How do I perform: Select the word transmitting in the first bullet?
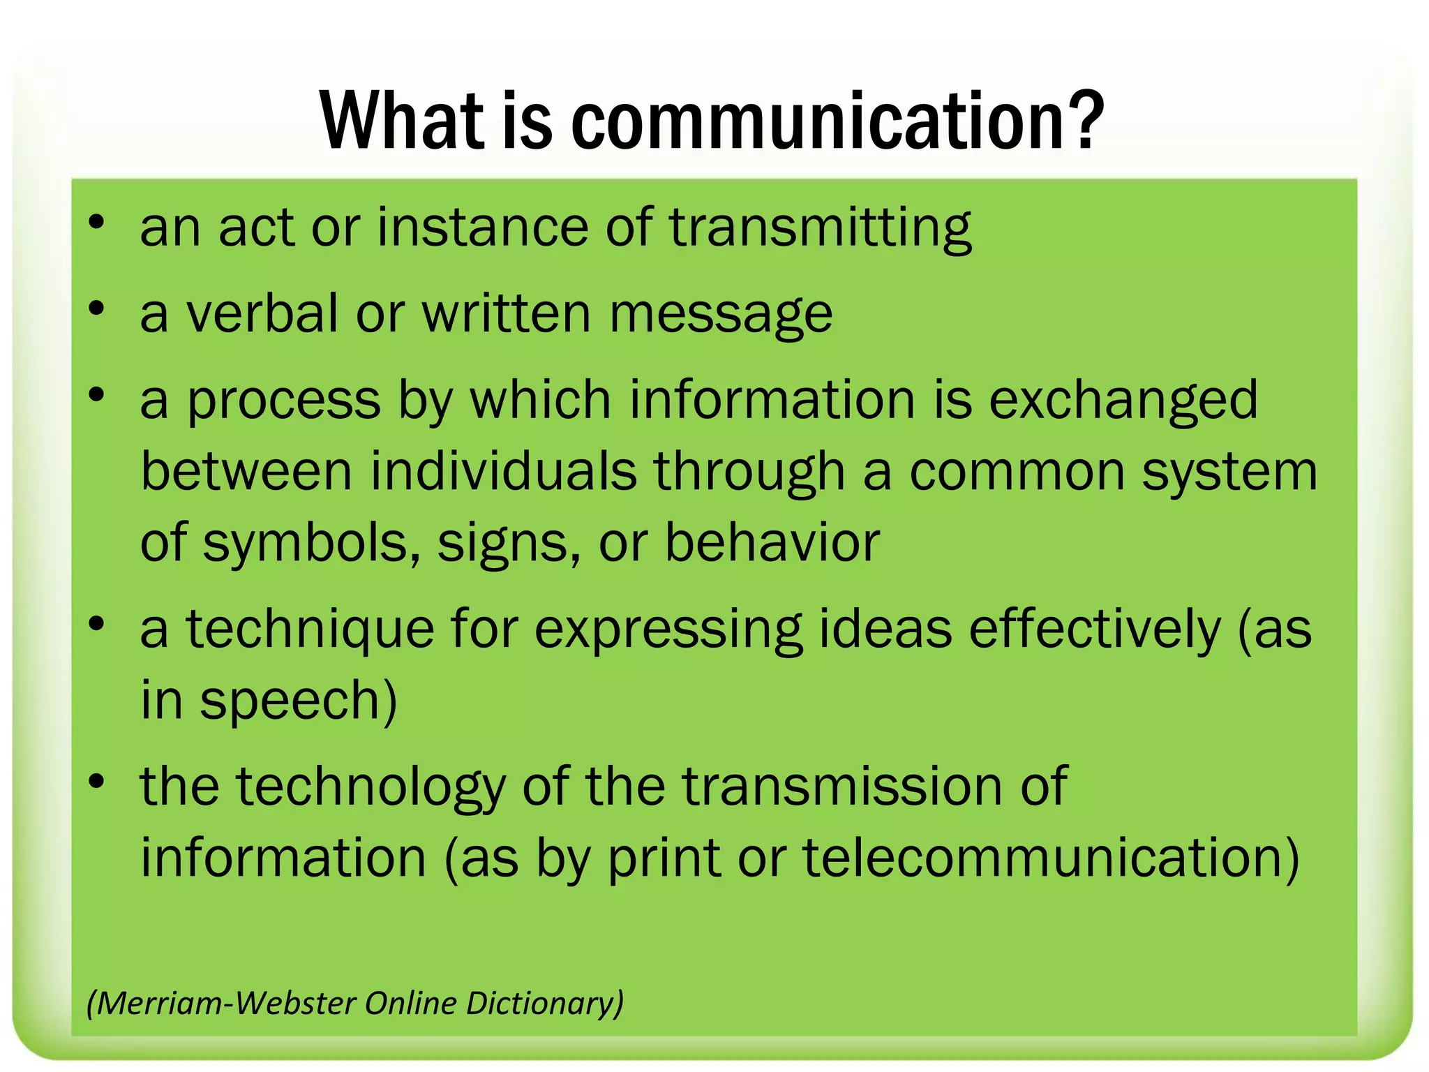[x=821, y=229]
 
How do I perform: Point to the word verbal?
[x=262, y=313]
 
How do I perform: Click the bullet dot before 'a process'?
[x=96, y=395]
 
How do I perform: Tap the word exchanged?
[x=1123, y=401]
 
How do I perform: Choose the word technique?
[x=310, y=630]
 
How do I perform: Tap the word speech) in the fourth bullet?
[x=299, y=701]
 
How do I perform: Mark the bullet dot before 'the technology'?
[x=96, y=782]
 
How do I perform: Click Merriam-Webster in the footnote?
[x=226, y=1004]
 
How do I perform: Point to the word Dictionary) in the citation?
[x=544, y=1004]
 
